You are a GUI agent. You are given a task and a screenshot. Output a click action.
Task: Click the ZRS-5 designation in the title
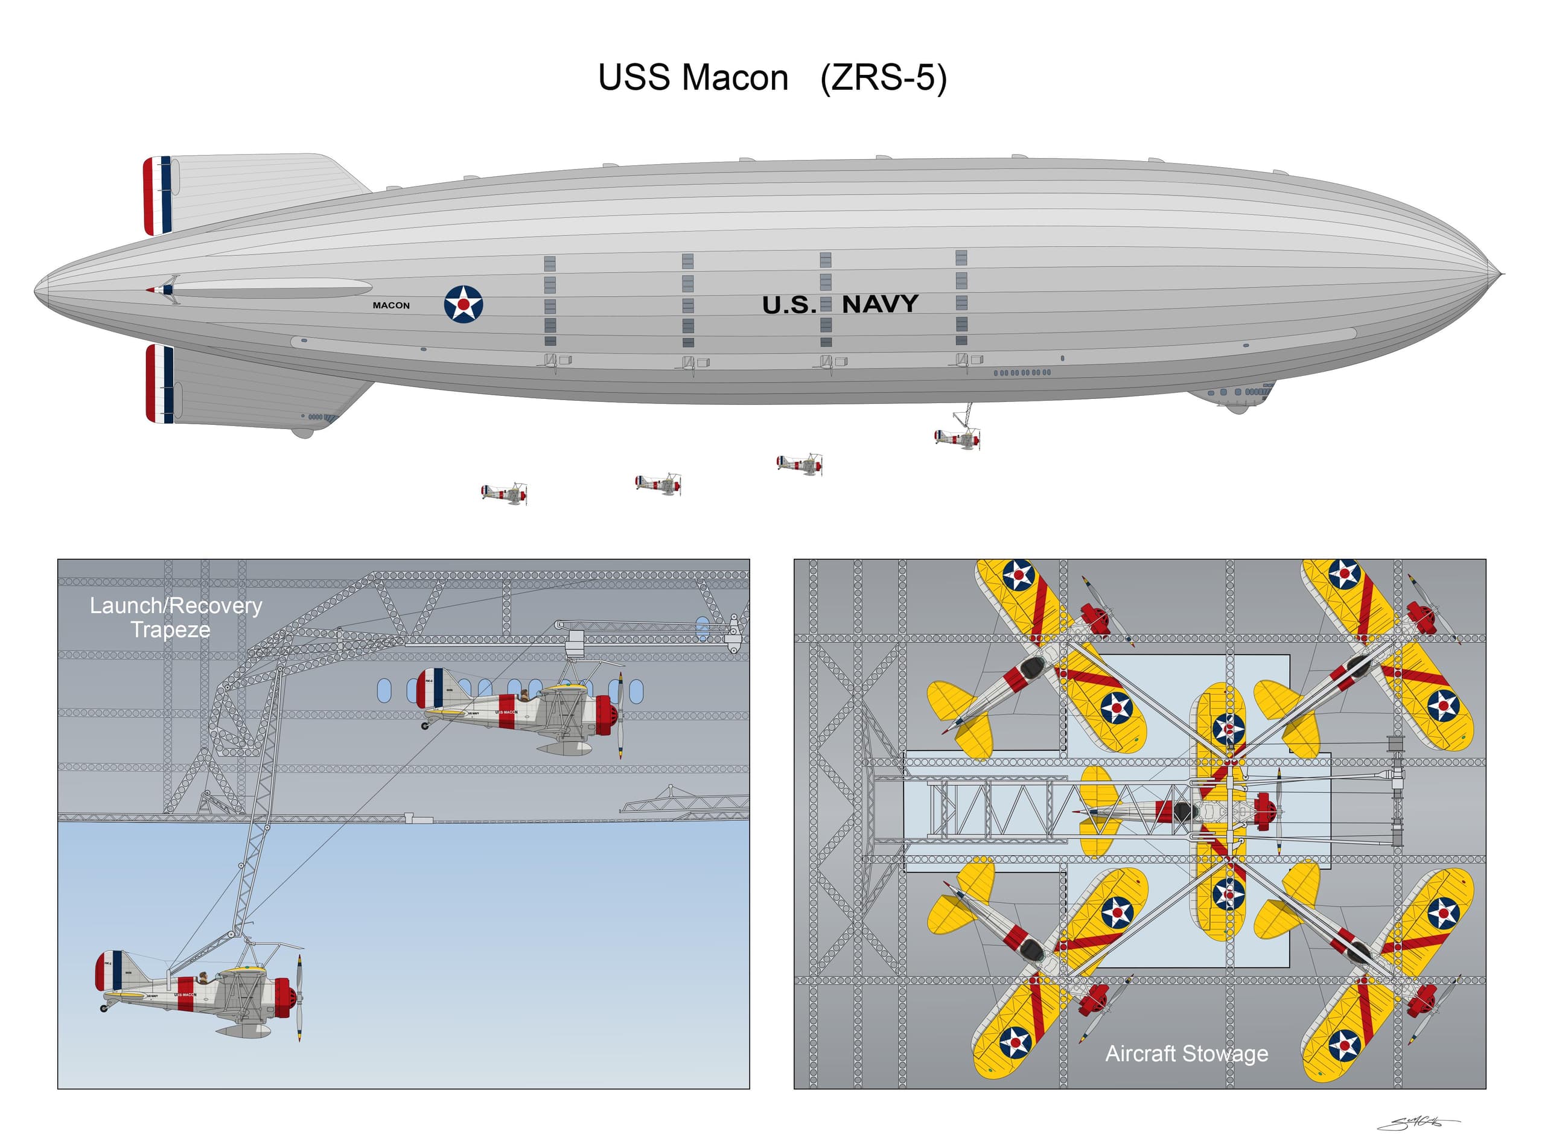pos(882,78)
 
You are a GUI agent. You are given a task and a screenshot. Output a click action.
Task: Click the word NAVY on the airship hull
pos(880,304)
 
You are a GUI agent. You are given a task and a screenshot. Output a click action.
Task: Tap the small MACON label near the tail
pos(390,305)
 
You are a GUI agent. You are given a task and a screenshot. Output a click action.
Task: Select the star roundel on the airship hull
pos(463,304)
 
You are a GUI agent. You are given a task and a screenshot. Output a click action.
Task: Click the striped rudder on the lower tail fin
pos(159,384)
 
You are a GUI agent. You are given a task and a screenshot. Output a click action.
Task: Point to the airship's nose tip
pos(1499,275)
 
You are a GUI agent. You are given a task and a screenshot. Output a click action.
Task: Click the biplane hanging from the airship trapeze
pos(957,438)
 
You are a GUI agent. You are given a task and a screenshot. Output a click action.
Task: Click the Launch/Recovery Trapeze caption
pos(176,617)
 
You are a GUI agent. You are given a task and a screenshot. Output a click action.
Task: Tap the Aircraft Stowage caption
pos(1186,1053)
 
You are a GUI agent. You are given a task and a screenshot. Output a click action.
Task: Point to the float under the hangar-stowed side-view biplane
pos(566,748)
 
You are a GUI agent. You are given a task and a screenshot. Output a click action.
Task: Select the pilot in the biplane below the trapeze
pos(203,978)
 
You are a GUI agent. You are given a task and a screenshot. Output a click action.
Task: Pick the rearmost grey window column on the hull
pos(549,301)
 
